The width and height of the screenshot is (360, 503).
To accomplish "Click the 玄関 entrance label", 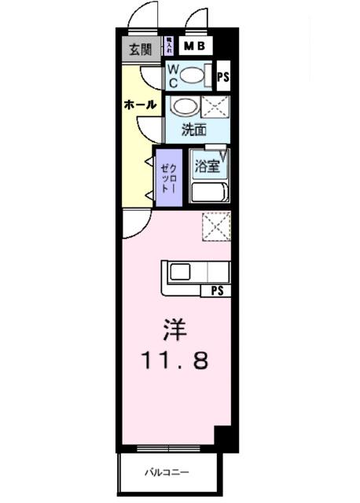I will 141,50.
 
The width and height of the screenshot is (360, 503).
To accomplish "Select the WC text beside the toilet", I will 172,75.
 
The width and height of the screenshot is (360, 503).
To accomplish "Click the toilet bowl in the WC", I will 192,76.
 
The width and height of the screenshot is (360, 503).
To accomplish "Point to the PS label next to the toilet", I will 223,77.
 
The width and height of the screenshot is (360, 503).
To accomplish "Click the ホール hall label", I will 140,105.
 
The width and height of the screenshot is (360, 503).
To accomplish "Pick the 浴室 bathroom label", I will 208,166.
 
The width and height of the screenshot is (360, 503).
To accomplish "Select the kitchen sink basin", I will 180,273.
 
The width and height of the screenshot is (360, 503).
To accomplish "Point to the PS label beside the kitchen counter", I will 215,291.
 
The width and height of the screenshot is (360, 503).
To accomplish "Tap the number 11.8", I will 175,362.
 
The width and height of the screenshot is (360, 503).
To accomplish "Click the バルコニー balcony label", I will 167,472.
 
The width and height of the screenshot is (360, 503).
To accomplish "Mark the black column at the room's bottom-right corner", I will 222,438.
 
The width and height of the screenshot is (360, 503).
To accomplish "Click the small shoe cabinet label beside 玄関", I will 169,46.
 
